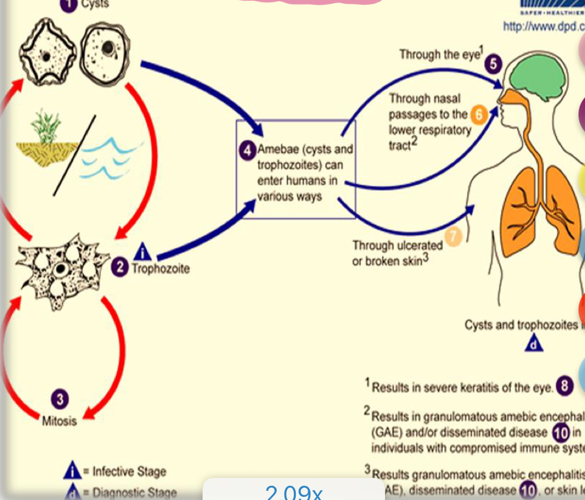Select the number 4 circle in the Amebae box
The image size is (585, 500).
click(247, 150)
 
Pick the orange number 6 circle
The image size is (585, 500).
click(478, 115)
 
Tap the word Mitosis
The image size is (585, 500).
click(59, 421)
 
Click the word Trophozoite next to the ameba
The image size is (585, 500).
click(161, 268)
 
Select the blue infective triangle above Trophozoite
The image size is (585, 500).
click(142, 251)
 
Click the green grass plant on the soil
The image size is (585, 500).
click(46, 127)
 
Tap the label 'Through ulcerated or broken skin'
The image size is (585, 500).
click(397, 253)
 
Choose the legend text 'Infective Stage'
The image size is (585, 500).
click(129, 471)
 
